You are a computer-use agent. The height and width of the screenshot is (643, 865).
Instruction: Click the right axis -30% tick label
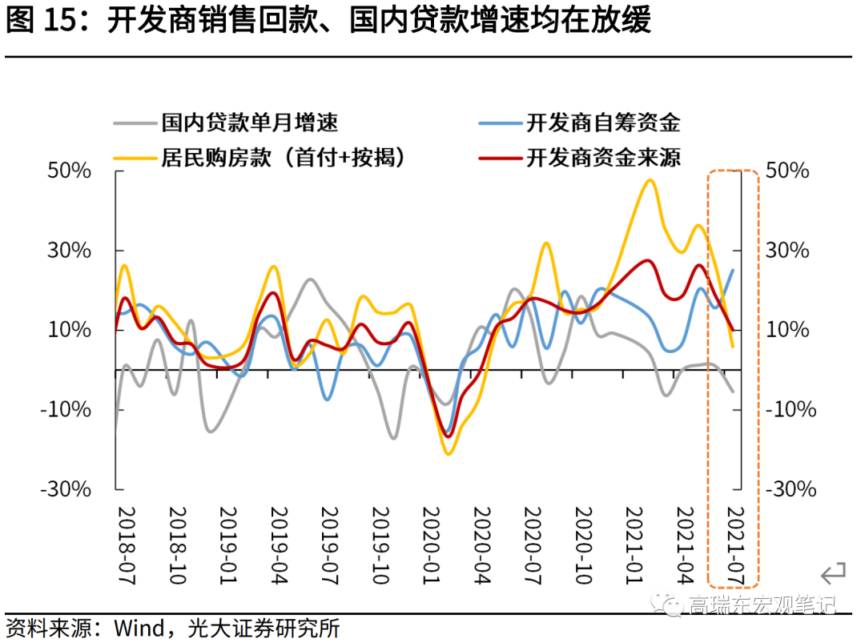(x=791, y=489)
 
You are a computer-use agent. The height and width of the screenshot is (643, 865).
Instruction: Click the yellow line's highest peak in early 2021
(x=649, y=180)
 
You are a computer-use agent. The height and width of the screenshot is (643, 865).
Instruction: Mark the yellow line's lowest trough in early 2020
(x=448, y=454)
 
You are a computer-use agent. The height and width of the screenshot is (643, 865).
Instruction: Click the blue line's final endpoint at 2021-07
(x=732, y=271)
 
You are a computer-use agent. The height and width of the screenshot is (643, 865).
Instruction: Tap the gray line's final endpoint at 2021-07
(x=732, y=392)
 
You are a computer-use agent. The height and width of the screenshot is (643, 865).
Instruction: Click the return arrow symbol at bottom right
(x=833, y=573)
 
